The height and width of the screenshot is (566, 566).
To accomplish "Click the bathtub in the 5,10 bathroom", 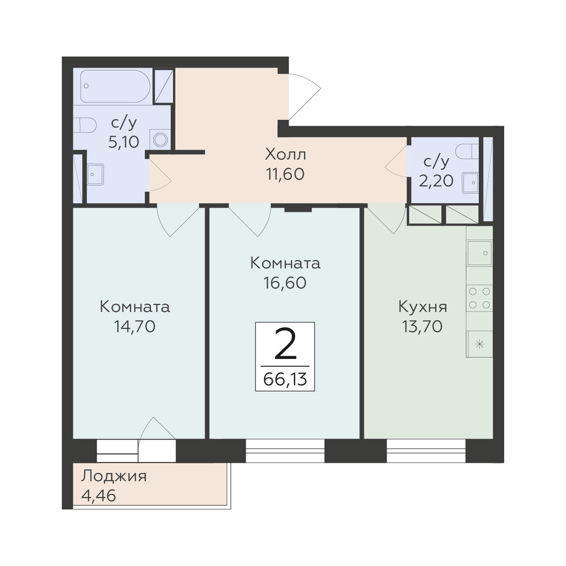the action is (x=115, y=86).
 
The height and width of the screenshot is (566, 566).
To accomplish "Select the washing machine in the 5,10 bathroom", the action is (x=160, y=139).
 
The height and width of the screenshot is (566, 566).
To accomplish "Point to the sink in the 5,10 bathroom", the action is (x=95, y=174).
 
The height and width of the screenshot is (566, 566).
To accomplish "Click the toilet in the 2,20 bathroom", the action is (x=467, y=151).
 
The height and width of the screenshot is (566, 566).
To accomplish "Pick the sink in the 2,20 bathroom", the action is (x=470, y=183).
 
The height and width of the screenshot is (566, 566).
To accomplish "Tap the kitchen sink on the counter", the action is (x=479, y=253).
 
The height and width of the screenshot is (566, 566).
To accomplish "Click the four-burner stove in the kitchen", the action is (x=479, y=298).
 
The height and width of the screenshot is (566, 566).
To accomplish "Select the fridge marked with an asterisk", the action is (x=479, y=344).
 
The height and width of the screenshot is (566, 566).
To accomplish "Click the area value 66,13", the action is (x=285, y=380).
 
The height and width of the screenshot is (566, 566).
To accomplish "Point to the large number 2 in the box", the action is (x=285, y=345).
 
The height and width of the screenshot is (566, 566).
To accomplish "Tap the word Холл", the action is (x=286, y=154).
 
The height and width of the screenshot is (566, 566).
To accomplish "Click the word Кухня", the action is (x=423, y=307).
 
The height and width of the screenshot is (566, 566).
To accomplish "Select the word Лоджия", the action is (x=114, y=476).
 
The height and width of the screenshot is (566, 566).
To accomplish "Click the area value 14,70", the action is (x=135, y=326).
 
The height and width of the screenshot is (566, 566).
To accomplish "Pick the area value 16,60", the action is (x=285, y=283).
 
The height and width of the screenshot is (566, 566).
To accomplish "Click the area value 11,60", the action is (x=285, y=174).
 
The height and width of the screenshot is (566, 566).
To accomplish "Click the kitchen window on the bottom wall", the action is (x=426, y=451).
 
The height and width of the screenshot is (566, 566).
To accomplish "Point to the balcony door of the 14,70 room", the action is (x=157, y=439).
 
